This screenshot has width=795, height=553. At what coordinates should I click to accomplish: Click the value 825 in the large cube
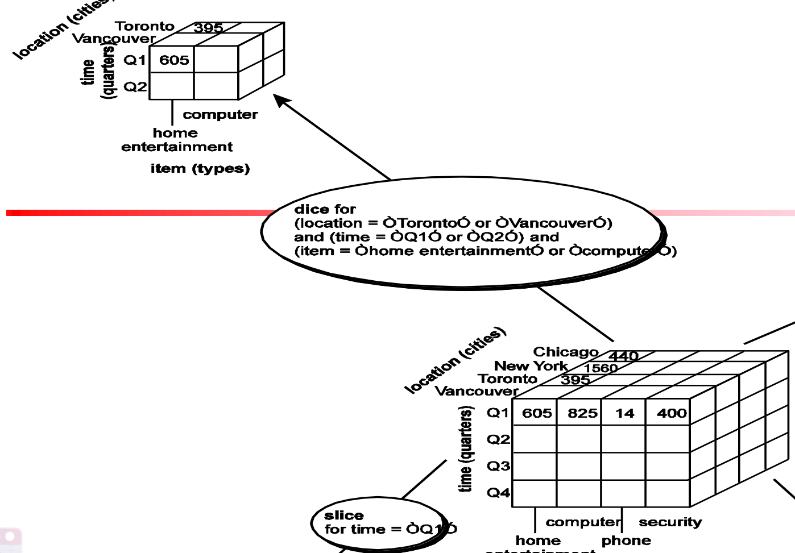pos(582,413)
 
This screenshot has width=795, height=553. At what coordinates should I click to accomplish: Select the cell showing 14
pos(624,413)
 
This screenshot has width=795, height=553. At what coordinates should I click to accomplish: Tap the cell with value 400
pos(672,413)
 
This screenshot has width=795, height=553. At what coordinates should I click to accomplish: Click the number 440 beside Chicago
pos(624,356)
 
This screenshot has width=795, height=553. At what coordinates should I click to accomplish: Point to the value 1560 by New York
pos(601,368)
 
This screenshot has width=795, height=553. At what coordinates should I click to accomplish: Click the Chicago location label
pos(565,352)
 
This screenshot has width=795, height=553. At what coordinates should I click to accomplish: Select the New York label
pos(531,365)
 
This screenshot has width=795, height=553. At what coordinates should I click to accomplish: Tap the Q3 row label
pos(498,466)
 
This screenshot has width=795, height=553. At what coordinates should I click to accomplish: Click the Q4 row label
pos(498,493)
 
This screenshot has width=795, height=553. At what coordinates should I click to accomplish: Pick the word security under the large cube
pos(670,522)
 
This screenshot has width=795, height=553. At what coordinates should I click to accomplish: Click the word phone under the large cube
pos(626,540)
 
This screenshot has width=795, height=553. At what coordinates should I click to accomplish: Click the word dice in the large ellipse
pos(308,209)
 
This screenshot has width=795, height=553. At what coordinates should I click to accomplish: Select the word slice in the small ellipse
pos(343,515)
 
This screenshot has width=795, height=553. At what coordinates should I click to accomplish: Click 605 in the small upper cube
pos(174,60)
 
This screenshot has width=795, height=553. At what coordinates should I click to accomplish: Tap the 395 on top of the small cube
pos(208,28)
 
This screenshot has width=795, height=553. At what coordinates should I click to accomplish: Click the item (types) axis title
pos(200,169)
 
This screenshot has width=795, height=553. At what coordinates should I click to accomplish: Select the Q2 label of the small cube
pos(135,86)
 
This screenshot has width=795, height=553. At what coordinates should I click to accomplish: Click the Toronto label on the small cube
pos(144,26)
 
